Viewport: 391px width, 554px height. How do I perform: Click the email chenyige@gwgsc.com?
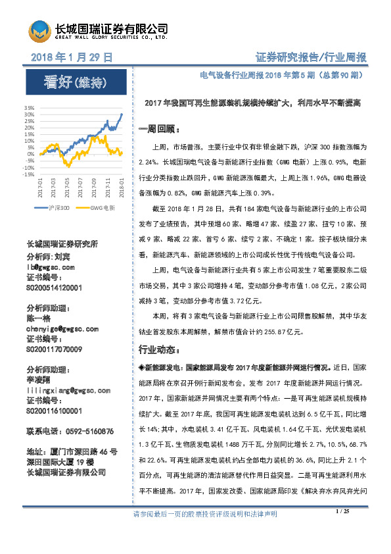[62, 328]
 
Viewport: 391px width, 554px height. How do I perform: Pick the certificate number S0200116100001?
[55, 410]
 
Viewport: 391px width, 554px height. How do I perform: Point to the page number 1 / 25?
[342, 530]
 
